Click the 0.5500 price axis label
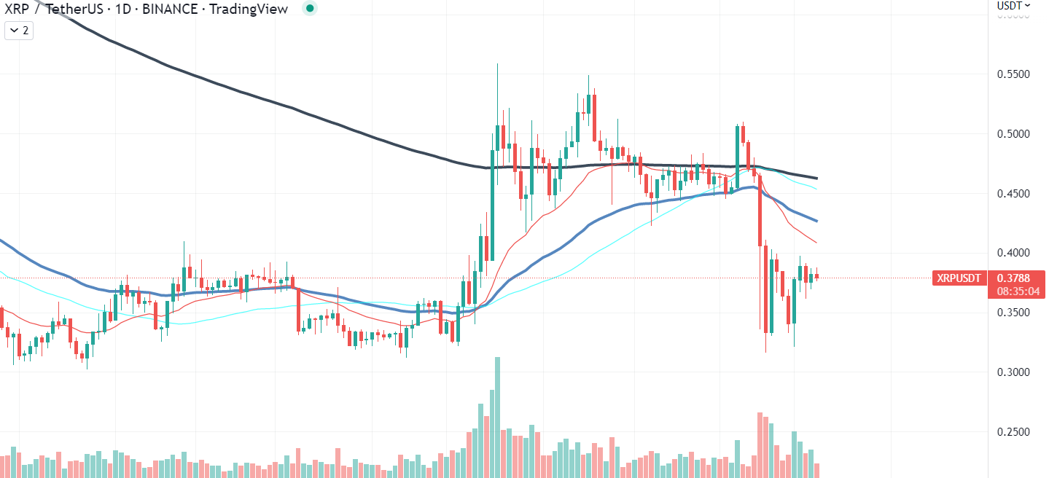tap(1013, 74)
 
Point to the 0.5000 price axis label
tap(1013, 134)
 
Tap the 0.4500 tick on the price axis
tap(1013, 193)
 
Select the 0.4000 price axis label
tap(1013, 253)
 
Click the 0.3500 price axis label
tap(1013, 313)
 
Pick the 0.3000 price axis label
tap(1013, 372)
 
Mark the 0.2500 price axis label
tap(1013, 431)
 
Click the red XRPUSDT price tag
tap(959, 278)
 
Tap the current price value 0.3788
tap(1013, 278)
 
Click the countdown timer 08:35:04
tap(1018, 291)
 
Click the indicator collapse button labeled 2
tap(19, 31)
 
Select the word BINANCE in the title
tap(170, 9)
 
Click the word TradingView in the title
tap(248, 9)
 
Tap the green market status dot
tap(310, 8)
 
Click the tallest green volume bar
tap(497, 417)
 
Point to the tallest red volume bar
tap(760, 444)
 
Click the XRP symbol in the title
tap(16, 9)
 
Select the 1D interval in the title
tap(123, 9)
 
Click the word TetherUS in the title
tap(74, 9)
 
